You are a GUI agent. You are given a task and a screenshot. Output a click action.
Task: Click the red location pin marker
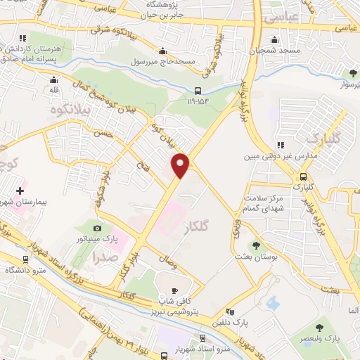tap(181, 165)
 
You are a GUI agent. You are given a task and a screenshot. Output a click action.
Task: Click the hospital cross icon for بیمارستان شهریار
tap(20, 190)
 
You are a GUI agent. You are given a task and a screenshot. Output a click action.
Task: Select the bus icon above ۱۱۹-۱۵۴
tap(198, 90)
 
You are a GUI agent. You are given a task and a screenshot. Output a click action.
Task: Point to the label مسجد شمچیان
tap(284, 51)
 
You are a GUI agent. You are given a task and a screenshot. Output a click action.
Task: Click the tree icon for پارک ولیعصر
tap(320, 327)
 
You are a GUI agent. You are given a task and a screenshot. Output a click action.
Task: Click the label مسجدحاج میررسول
tap(162, 62)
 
